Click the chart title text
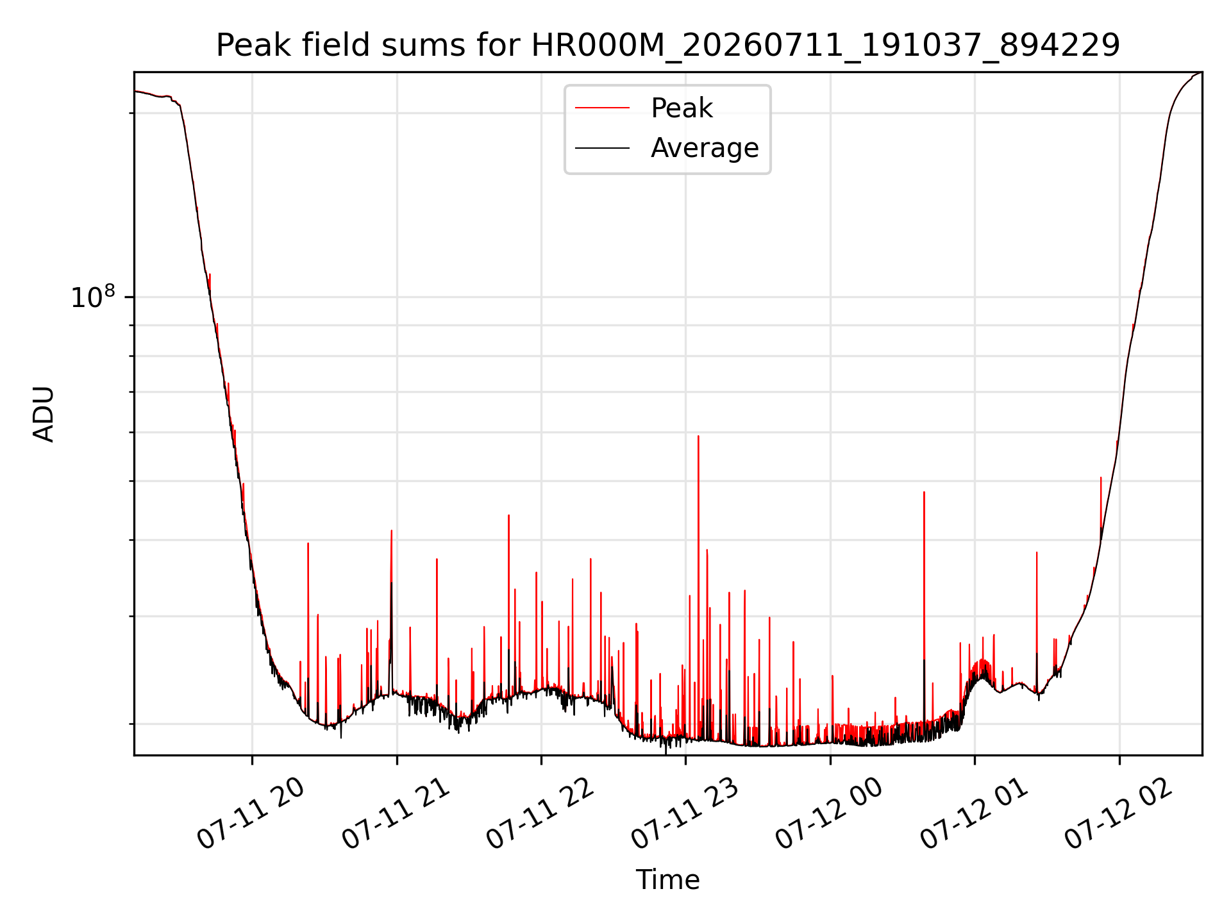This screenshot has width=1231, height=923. [x=667, y=46]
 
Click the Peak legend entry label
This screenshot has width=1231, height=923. [x=682, y=108]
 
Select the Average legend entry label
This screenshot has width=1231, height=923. [x=705, y=148]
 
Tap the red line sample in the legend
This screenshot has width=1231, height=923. [x=603, y=108]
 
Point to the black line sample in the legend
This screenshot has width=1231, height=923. [x=603, y=148]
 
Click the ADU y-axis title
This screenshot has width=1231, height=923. [x=44, y=414]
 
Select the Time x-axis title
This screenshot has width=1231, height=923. [x=667, y=880]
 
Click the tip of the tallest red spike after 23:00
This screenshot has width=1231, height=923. [x=698, y=436]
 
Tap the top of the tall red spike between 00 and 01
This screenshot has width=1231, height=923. [x=924, y=492]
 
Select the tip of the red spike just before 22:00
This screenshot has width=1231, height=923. [x=536, y=572]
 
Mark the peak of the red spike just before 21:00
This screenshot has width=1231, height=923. [x=391, y=531]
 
